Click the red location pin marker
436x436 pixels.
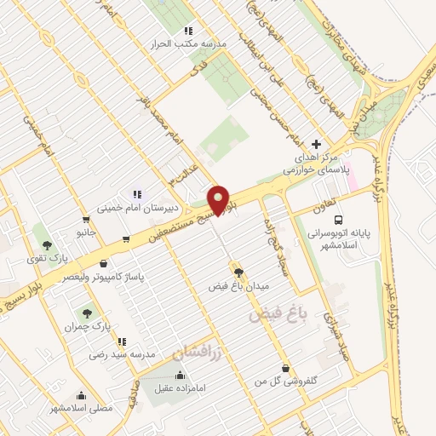(219, 199)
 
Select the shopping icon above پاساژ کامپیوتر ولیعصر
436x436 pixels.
(104, 264)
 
